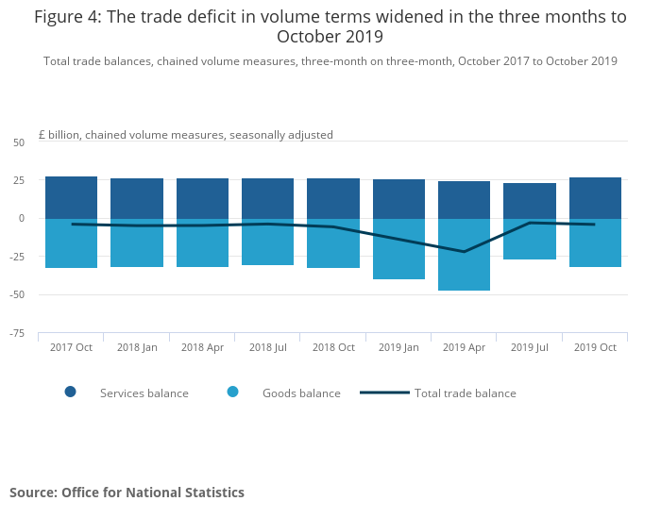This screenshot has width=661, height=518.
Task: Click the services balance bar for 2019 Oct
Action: point(595,197)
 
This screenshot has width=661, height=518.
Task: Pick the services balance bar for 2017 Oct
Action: point(71,197)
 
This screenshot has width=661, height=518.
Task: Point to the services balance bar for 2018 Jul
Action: point(267,198)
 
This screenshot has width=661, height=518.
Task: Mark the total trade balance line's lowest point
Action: point(464,252)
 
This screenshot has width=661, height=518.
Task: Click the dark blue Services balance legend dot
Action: point(70,393)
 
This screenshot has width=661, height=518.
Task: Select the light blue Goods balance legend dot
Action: point(232,393)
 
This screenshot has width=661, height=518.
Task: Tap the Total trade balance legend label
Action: point(465,393)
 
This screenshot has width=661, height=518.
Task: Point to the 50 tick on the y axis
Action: point(19,142)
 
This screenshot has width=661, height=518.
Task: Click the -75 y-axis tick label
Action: point(17,333)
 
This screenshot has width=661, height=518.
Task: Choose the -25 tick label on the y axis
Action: point(17,257)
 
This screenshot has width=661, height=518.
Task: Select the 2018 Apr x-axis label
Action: point(202,347)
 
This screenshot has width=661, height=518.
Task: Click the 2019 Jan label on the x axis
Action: point(398,347)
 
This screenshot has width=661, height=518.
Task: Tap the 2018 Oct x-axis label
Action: point(333,347)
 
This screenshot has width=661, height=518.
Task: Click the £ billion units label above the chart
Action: point(185,135)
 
